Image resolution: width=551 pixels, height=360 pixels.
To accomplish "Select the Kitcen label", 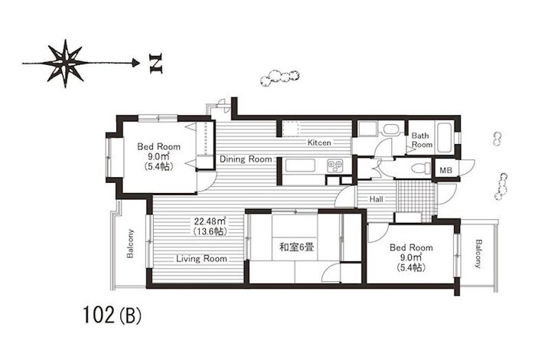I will click(319, 143).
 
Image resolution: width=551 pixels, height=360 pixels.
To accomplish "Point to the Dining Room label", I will click(246, 159).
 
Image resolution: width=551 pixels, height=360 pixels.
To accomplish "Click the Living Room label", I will click(201, 259).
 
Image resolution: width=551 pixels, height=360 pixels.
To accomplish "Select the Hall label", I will click(377, 198).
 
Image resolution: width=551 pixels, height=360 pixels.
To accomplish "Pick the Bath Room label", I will click(422, 140).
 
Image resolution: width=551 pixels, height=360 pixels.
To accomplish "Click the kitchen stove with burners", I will click(335, 165).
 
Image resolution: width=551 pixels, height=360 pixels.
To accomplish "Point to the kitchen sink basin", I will click(298, 165).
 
